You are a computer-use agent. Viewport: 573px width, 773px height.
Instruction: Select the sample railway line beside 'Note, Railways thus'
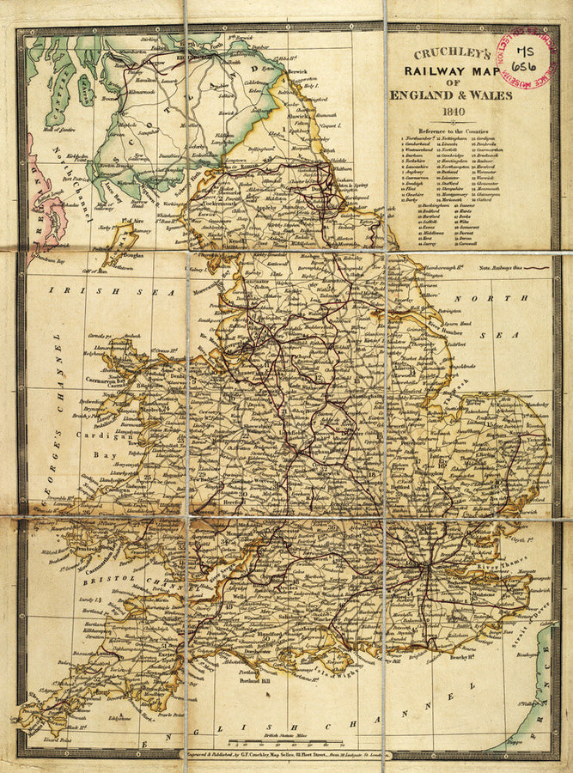536,268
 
